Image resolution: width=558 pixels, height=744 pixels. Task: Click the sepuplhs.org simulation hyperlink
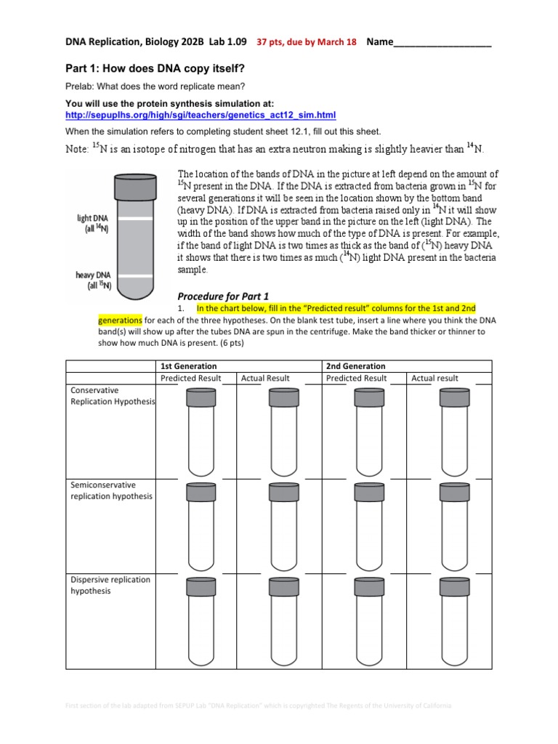200,115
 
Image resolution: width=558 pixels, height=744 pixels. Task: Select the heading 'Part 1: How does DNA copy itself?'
155,68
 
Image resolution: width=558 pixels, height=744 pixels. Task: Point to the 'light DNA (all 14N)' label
93,223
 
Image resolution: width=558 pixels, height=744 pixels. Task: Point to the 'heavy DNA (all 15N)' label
93,280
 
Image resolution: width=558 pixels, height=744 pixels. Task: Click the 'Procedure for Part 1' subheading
223,296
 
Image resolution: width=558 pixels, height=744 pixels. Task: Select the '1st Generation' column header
188,366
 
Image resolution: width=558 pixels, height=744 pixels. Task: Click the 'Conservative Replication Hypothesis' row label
111,396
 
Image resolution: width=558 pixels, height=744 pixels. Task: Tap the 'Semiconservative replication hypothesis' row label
111,490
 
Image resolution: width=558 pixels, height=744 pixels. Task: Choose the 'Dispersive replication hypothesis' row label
111,585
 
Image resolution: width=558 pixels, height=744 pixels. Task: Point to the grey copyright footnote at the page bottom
258,705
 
